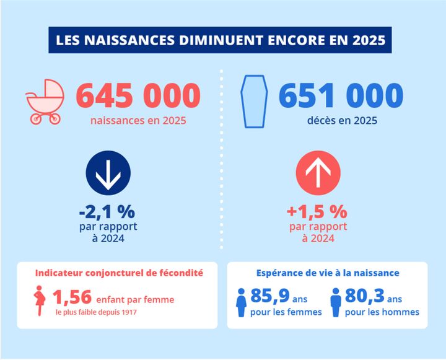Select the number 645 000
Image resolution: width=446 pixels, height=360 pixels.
138,96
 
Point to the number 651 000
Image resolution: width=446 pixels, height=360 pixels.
341,96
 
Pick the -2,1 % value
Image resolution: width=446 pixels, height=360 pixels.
107,211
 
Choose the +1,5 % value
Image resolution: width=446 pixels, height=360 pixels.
317,211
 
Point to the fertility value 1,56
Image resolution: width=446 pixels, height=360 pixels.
72,299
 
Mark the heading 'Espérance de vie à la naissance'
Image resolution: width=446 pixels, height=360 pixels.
328,272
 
